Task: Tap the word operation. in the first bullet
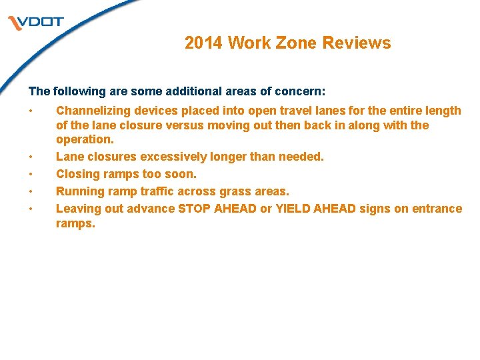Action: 85,140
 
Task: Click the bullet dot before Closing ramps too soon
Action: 31,174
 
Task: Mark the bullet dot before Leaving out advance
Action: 31,209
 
